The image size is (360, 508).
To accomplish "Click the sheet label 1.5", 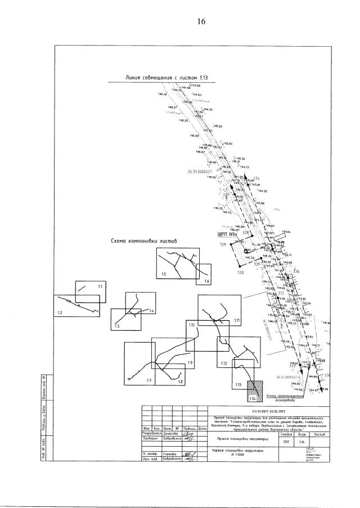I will (164, 273).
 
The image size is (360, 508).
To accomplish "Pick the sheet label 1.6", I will (206, 281).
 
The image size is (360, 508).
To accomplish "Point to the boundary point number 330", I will (240, 272).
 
